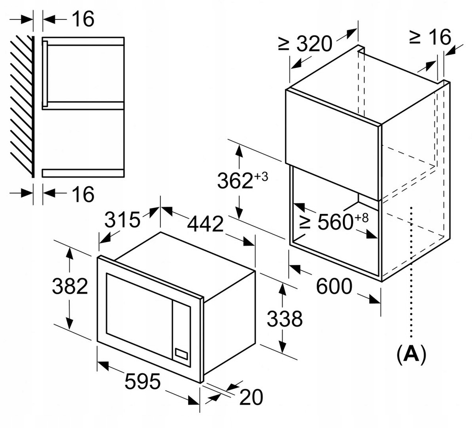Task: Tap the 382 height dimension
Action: point(70,286)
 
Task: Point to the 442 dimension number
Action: point(205,224)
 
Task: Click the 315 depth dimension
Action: point(122,220)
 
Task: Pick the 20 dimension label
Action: point(251,397)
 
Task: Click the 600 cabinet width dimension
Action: point(334,287)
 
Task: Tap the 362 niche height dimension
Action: point(235,181)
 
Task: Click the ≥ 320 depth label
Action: point(305,44)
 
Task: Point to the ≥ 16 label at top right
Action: point(430,37)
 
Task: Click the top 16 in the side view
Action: point(83,19)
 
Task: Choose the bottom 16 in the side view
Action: point(83,194)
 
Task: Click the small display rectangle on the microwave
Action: point(181,354)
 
